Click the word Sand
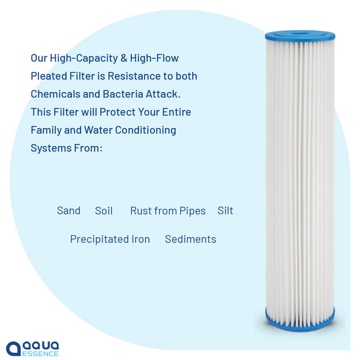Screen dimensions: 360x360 click(68, 211)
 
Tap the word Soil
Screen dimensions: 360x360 click(104, 211)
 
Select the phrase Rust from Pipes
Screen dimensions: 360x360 click(168, 211)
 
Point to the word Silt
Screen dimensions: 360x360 click(226, 211)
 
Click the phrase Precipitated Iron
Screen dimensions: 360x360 click(110, 239)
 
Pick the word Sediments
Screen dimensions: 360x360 click(190, 239)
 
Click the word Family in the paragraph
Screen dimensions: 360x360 click(47, 130)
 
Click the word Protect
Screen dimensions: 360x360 click(123, 112)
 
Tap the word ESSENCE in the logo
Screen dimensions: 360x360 click(41, 353)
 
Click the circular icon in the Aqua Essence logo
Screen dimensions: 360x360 click(14, 349)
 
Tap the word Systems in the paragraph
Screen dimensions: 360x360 click(50, 148)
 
